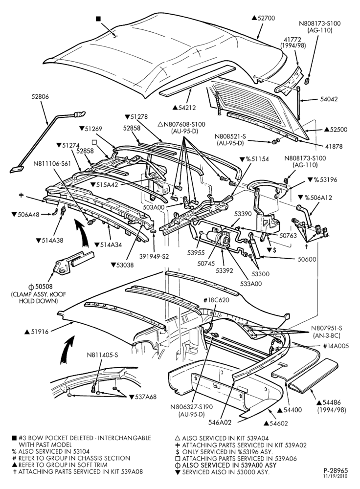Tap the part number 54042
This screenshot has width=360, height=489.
(329, 99)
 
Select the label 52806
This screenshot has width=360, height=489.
(40, 97)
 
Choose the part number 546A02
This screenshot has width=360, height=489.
(220, 422)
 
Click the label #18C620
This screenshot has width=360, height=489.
(217, 300)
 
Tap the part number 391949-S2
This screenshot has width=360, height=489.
(154, 256)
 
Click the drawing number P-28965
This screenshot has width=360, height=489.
(336, 470)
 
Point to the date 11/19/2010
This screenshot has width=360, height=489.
(336, 476)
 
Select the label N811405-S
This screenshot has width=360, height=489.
(102, 355)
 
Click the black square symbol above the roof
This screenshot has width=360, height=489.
(98, 19)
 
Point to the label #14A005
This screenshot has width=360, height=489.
(336, 346)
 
